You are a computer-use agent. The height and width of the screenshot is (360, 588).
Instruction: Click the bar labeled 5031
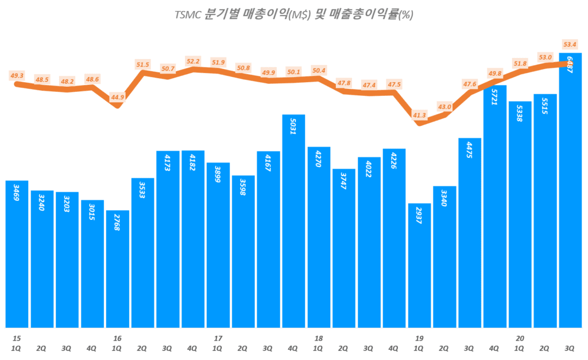coord(293,221)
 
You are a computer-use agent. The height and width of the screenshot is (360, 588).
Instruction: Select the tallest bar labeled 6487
coord(570,190)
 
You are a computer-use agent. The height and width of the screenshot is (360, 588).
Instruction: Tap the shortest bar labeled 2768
coord(118,269)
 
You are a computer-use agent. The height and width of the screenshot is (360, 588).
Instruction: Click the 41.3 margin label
coord(419,115)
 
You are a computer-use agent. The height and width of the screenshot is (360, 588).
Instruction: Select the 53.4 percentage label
coord(570,44)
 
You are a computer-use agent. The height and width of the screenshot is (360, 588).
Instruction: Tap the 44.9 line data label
coord(118,97)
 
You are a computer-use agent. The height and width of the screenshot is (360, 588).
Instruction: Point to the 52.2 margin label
coord(193,61)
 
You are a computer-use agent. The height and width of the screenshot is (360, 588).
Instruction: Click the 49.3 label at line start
coord(17,75)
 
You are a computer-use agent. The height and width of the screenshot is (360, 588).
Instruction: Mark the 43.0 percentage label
coord(444,107)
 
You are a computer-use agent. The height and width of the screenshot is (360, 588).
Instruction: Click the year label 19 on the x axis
coord(419,338)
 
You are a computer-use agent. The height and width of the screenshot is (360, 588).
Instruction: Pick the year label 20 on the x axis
coord(520,338)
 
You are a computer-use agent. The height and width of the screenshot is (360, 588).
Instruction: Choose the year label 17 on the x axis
coord(218,338)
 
